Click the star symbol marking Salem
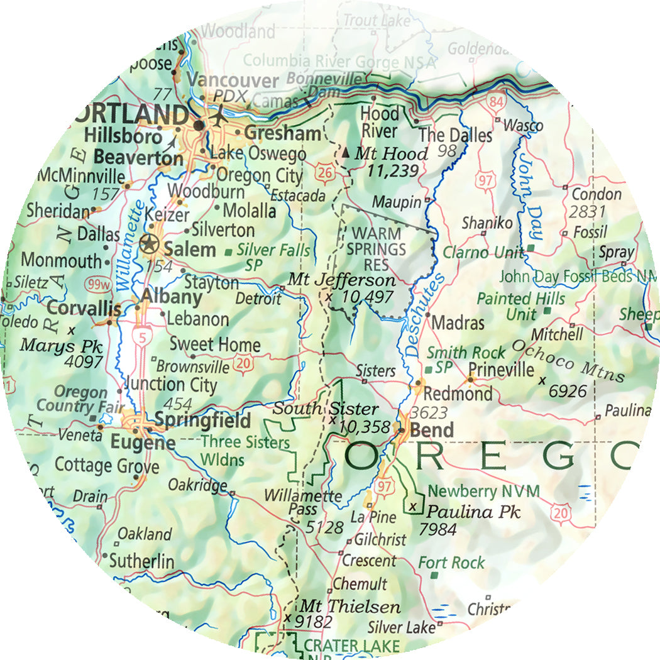149,244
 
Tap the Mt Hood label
391,153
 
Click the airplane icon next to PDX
219,117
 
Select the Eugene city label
143,443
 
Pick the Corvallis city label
84,309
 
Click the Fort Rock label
452,563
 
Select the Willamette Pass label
302,502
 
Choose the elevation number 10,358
364,427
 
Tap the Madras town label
458,323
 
